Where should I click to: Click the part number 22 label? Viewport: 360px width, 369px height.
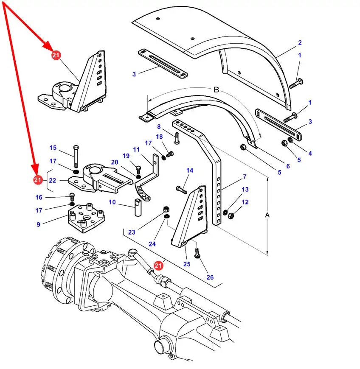(53, 181)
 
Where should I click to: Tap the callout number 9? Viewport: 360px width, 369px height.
(38, 224)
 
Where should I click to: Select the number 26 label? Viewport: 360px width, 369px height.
(210, 277)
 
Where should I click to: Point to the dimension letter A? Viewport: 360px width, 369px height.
(267, 215)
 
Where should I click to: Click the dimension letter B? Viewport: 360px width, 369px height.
(216, 89)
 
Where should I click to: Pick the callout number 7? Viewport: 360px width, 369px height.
(245, 176)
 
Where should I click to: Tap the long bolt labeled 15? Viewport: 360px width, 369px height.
(76, 157)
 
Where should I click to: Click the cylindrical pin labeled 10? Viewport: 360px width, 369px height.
(138, 207)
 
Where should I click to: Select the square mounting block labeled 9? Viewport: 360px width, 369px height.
(87, 218)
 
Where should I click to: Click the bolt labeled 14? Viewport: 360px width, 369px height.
(181, 190)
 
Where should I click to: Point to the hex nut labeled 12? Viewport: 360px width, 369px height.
(231, 215)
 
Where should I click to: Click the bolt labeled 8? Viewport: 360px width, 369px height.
(177, 139)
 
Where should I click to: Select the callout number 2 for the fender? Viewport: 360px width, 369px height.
(300, 42)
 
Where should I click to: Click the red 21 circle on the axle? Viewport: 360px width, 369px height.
(158, 266)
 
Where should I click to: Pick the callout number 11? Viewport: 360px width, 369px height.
(136, 150)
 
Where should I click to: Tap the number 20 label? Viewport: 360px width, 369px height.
(115, 162)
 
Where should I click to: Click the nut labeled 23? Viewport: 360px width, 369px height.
(166, 209)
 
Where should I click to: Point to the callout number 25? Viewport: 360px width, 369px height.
(187, 264)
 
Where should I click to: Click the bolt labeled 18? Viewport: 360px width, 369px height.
(170, 154)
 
